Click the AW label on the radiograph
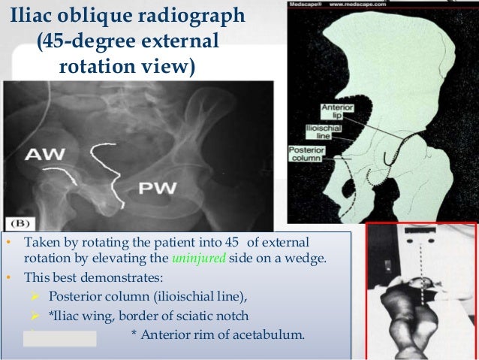click(x=46, y=156)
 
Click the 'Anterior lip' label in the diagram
click(x=331, y=113)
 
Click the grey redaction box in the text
click(x=60, y=337)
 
